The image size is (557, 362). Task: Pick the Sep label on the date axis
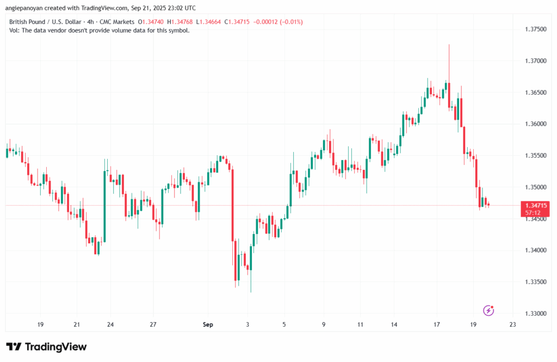tap(208, 324)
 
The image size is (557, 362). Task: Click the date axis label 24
tap(110, 324)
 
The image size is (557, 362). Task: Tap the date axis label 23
tap(512, 324)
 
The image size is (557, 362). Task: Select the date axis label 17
tap(437, 324)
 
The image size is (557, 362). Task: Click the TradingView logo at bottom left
tap(46, 347)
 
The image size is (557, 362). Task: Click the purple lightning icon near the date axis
tap(488, 310)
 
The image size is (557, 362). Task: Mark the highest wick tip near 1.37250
tap(449, 45)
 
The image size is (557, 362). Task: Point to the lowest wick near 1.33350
tap(251, 291)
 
